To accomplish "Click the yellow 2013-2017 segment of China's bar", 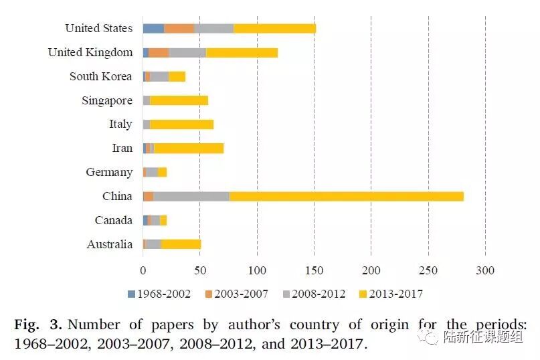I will click(x=346, y=196).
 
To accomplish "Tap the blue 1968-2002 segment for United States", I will click(x=153, y=28).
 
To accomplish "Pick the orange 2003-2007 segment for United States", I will click(x=179, y=28).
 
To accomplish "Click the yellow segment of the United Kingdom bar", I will click(x=242, y=52).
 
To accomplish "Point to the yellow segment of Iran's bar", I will click(x=189, y=148).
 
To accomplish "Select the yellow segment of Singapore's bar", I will click(x=179, y=100).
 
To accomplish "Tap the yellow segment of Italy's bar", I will click(x=181, y=124).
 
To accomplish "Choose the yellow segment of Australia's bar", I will click(x=181, y=244).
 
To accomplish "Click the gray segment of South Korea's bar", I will click(x=159, y=76).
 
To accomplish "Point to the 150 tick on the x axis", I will click(x=314, y=271).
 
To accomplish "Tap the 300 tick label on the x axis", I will click(x=485, y=271).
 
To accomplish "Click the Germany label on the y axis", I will click(x=109, y=172).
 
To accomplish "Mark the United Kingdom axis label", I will click(x=90, y=52).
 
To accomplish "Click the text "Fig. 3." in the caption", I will click(x=38, y=325).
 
